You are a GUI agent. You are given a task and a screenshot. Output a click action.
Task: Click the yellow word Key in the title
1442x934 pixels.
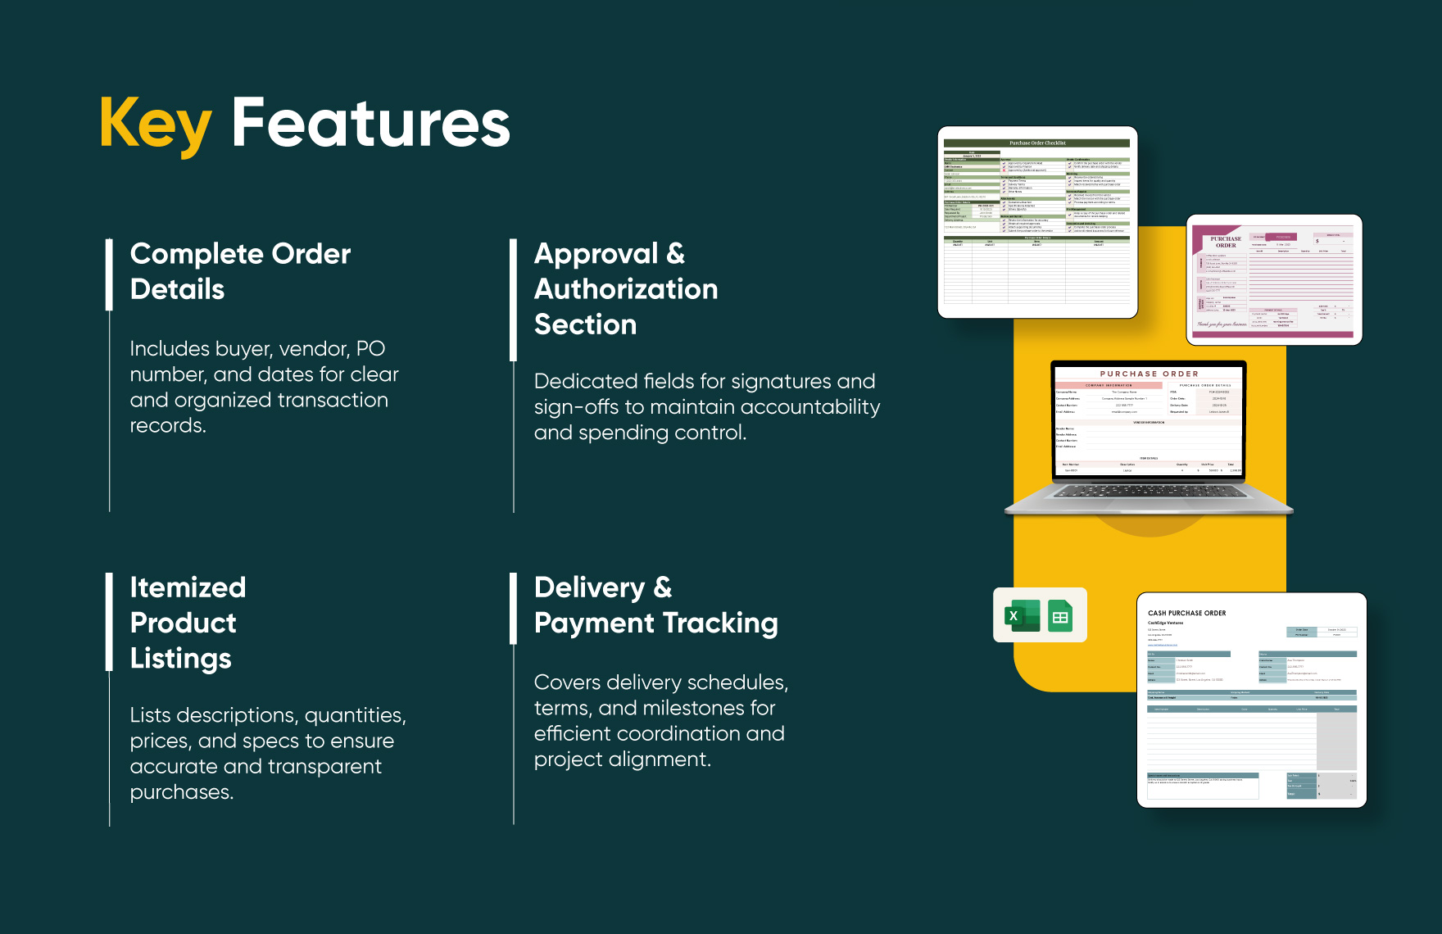(x=156, y=125)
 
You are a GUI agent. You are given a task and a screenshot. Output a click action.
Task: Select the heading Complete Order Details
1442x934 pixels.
(x=240, y=271)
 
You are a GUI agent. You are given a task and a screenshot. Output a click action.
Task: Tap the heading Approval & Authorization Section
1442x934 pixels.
(x=625, y=289)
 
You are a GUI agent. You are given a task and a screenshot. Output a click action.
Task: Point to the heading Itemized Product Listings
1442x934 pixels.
(x=188, y=623)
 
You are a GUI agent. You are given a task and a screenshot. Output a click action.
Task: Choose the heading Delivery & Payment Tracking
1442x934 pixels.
(x=655, y=605)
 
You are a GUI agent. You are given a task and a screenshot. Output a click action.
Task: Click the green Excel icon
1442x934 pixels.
(x=1021, y=615)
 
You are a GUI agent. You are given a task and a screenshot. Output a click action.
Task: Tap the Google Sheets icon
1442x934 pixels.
(x=1060, y=616)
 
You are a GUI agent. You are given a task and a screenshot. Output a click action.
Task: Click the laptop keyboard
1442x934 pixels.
(x=1149, y=492)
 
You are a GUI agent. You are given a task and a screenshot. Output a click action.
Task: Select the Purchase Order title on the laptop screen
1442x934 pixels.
(x=1149, y=374)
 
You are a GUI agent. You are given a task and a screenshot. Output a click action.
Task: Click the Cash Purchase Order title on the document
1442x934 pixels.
(x=1186, y=613)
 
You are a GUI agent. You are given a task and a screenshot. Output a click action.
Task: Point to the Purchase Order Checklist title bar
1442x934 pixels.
(x=1036, y=143)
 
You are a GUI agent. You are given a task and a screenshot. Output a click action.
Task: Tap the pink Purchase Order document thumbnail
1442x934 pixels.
(x=1274, y=279)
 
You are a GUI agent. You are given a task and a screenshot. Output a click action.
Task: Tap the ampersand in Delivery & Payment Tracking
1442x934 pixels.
(x=663, y=587)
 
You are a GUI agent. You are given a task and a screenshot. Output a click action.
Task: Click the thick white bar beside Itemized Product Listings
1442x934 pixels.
(x=109, y=622)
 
